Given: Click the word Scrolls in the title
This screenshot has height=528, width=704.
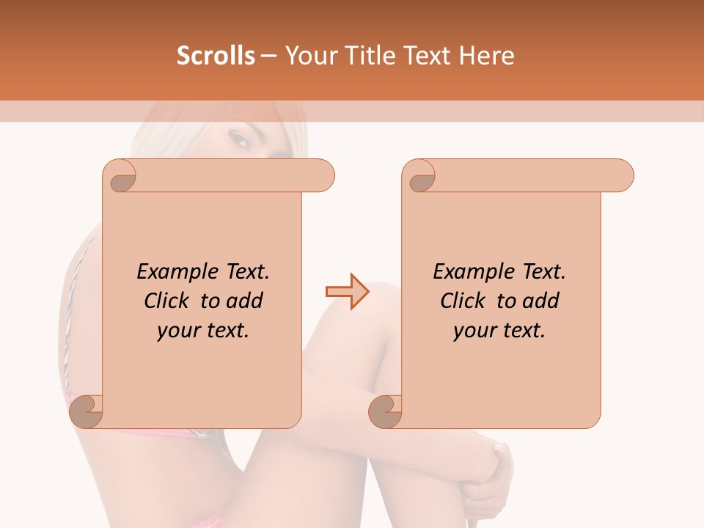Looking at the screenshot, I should coord(216,56).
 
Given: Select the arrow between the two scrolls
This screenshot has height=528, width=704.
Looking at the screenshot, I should coord(347,292).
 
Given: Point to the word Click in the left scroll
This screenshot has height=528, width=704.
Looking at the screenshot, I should coord(169,301).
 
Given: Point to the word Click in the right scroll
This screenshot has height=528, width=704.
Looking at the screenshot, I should coord(466,301).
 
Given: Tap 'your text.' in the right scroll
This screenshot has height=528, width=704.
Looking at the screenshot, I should coord(499,330).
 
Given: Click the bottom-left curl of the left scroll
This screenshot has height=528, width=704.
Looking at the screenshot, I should coord(87,411).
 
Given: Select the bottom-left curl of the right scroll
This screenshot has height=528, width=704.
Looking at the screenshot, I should coord(386,411).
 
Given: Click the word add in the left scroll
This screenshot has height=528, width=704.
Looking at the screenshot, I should coord(246,301).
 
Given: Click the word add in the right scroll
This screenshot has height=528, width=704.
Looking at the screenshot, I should coord(542,301).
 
